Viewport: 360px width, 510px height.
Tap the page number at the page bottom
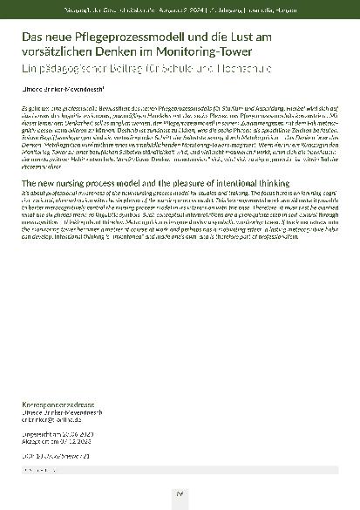(x=180, y=493)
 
